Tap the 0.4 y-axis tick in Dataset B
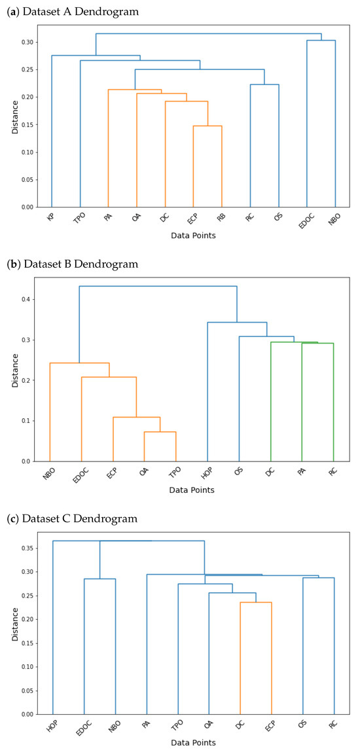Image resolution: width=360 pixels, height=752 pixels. click(x=27, y=300)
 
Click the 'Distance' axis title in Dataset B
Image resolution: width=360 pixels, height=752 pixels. click(x=14, y=370)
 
